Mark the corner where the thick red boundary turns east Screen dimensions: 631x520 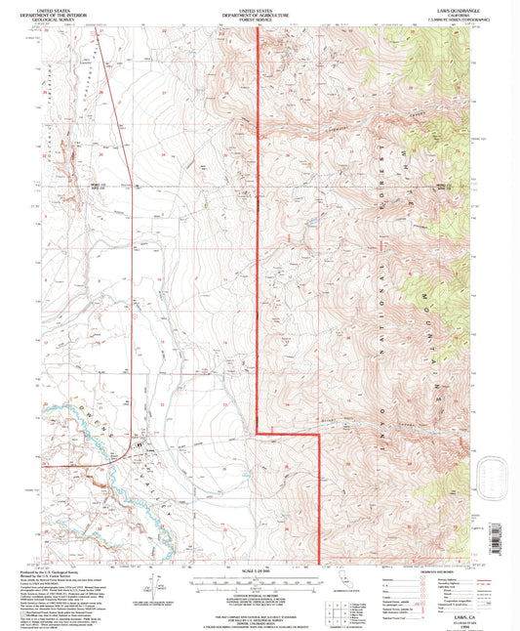pyautogui.click(x=257, y=432)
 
